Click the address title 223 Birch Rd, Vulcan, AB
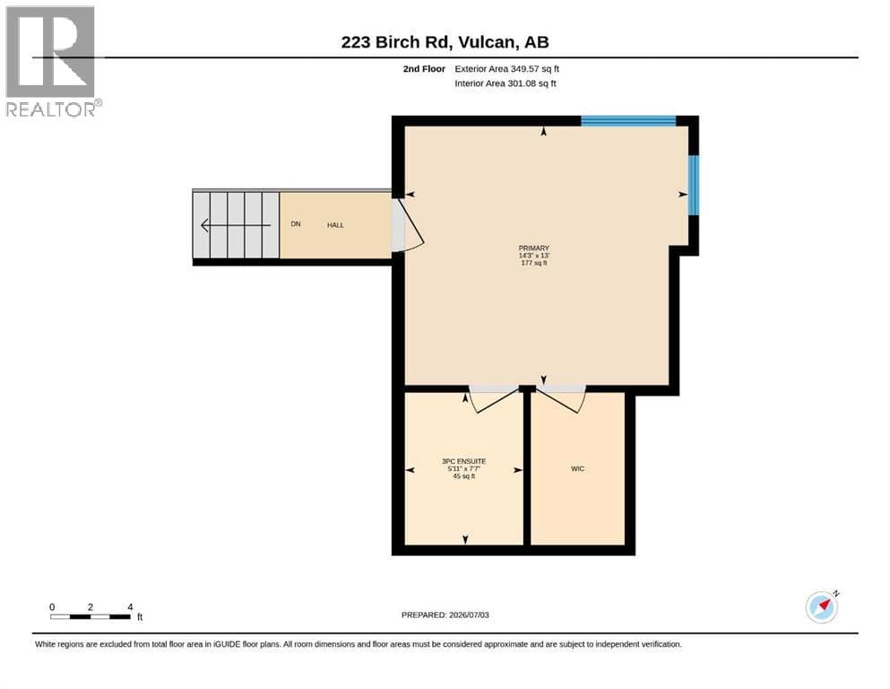coord(445,42)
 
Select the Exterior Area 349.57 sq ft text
coord(507,69)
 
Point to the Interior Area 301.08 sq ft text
coord(505,83)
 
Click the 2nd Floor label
coord(424,69)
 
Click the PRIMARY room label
coord(534,249)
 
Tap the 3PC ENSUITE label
coord(464,461)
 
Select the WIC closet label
coord(578,468)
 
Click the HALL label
coord(335,225)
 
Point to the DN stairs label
coord(296,223)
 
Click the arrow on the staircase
coord(236,225)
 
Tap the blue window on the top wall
coord(628,121)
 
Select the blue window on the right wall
coord(693,185)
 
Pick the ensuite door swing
coord(493,398)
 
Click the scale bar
coord(91,616)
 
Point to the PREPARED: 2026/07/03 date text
coord(445,615)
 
